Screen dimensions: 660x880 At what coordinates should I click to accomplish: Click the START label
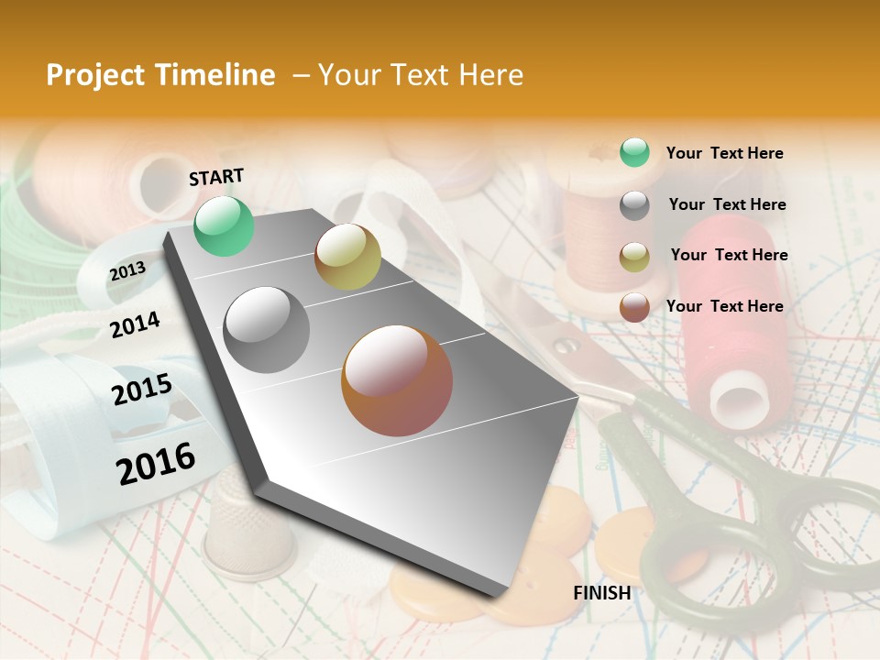pos(216,177)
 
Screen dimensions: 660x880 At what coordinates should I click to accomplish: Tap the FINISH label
pos(601,593)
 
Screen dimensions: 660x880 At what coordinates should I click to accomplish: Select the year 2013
pos(127,270)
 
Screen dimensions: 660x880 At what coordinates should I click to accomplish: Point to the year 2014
pos(135,324)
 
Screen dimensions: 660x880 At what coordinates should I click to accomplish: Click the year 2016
pos(156,463)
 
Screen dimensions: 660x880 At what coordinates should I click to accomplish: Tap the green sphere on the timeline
pos(224,226)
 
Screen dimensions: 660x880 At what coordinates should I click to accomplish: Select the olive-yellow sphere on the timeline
pos(347,257)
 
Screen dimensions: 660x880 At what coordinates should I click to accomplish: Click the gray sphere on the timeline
pos(267,329)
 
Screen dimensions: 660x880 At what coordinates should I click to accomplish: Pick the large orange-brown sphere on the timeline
pos(397,380)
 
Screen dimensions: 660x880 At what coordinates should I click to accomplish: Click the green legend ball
pos(634,153)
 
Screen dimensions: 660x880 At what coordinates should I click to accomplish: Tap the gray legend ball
pos(634,205)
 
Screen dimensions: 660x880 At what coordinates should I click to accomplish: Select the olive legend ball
pos(634,257)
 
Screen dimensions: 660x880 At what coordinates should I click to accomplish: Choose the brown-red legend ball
pos(634,307)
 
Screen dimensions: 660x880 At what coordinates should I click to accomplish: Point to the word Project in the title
pos(95,75)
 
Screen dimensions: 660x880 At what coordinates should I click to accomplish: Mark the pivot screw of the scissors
pos(567,346)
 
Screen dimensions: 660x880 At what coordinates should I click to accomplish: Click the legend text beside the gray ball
pos(727,204)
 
